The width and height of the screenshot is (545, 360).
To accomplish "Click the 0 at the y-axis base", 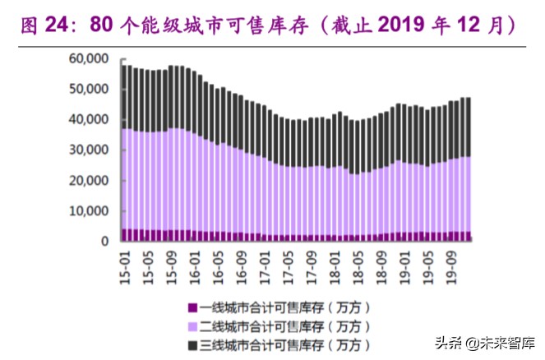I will tap(106, 242).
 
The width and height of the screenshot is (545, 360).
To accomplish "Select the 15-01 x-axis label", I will tap(124, 264).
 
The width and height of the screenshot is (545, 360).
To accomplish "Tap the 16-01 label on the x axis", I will tap(194, 264).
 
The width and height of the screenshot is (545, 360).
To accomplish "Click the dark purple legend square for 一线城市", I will tap(193, 307).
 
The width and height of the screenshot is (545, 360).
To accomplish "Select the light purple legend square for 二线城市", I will tap(193, 326).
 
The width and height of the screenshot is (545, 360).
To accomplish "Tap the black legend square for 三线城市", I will tap(193, 345).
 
